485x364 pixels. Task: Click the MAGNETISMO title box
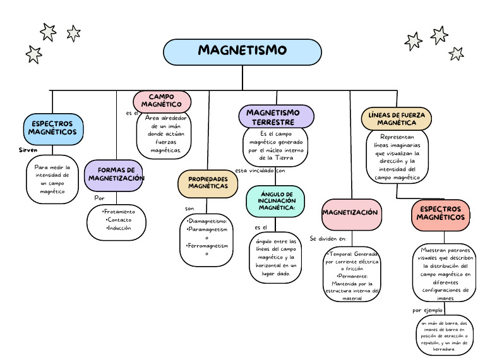tap(242, 51)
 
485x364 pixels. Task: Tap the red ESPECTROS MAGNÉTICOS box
tap(440, 214)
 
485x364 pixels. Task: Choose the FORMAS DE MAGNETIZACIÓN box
tap(116, 174)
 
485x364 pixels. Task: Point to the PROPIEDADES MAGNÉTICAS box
tap(208, 183)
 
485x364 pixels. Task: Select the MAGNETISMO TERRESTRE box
tap(276, 117)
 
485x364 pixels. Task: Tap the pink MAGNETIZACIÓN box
tap(350, 213)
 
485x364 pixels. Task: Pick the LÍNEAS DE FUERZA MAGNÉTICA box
tap(396, 119)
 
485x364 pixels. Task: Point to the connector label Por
tap(99, 198)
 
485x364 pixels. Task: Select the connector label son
tap(189, 208)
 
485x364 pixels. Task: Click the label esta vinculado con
tap(260, 171)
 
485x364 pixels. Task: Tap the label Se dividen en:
tap(328, 239)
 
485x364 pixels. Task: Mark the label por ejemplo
tap(428, 310)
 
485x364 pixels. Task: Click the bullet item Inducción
tap(119, 228)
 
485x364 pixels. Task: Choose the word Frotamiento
tap(119, 212)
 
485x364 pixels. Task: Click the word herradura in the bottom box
tap(445, 348)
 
